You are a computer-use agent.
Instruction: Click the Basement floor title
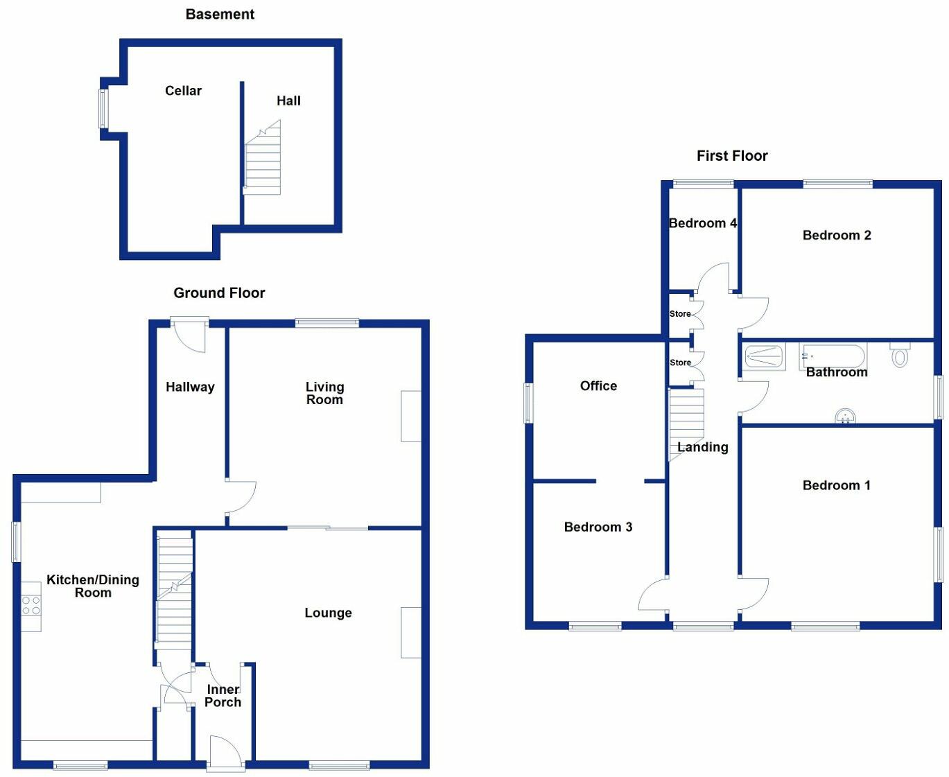[x=220, y=15]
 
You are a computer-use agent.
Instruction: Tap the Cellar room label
[x=183, y=91]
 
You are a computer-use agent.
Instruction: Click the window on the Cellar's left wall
[x=103, y=108]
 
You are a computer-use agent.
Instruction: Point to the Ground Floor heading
[x=219, y=293]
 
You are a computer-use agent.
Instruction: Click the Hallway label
[x=190, y=387]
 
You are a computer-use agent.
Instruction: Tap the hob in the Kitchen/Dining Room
[x=31, y=606]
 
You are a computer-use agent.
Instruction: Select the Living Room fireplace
[x=411, y=416]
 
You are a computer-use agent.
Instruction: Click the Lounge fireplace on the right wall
[x=411, y=632]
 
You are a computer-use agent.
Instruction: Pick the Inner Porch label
[x=223, y=695]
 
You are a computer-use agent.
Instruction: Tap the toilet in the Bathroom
[x=900, y=356]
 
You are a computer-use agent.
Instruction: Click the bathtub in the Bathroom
[x=833, y=356]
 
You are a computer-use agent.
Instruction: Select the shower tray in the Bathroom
[x=764, y=357]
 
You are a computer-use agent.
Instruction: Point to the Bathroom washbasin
[x=845, y=416]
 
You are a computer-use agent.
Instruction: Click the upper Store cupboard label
[x=680, y=314]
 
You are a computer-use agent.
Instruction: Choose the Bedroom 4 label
[x=702, y=223]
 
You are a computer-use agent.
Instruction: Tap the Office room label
[x=598, y=386]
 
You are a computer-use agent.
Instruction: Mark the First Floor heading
[x=732, y=156]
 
